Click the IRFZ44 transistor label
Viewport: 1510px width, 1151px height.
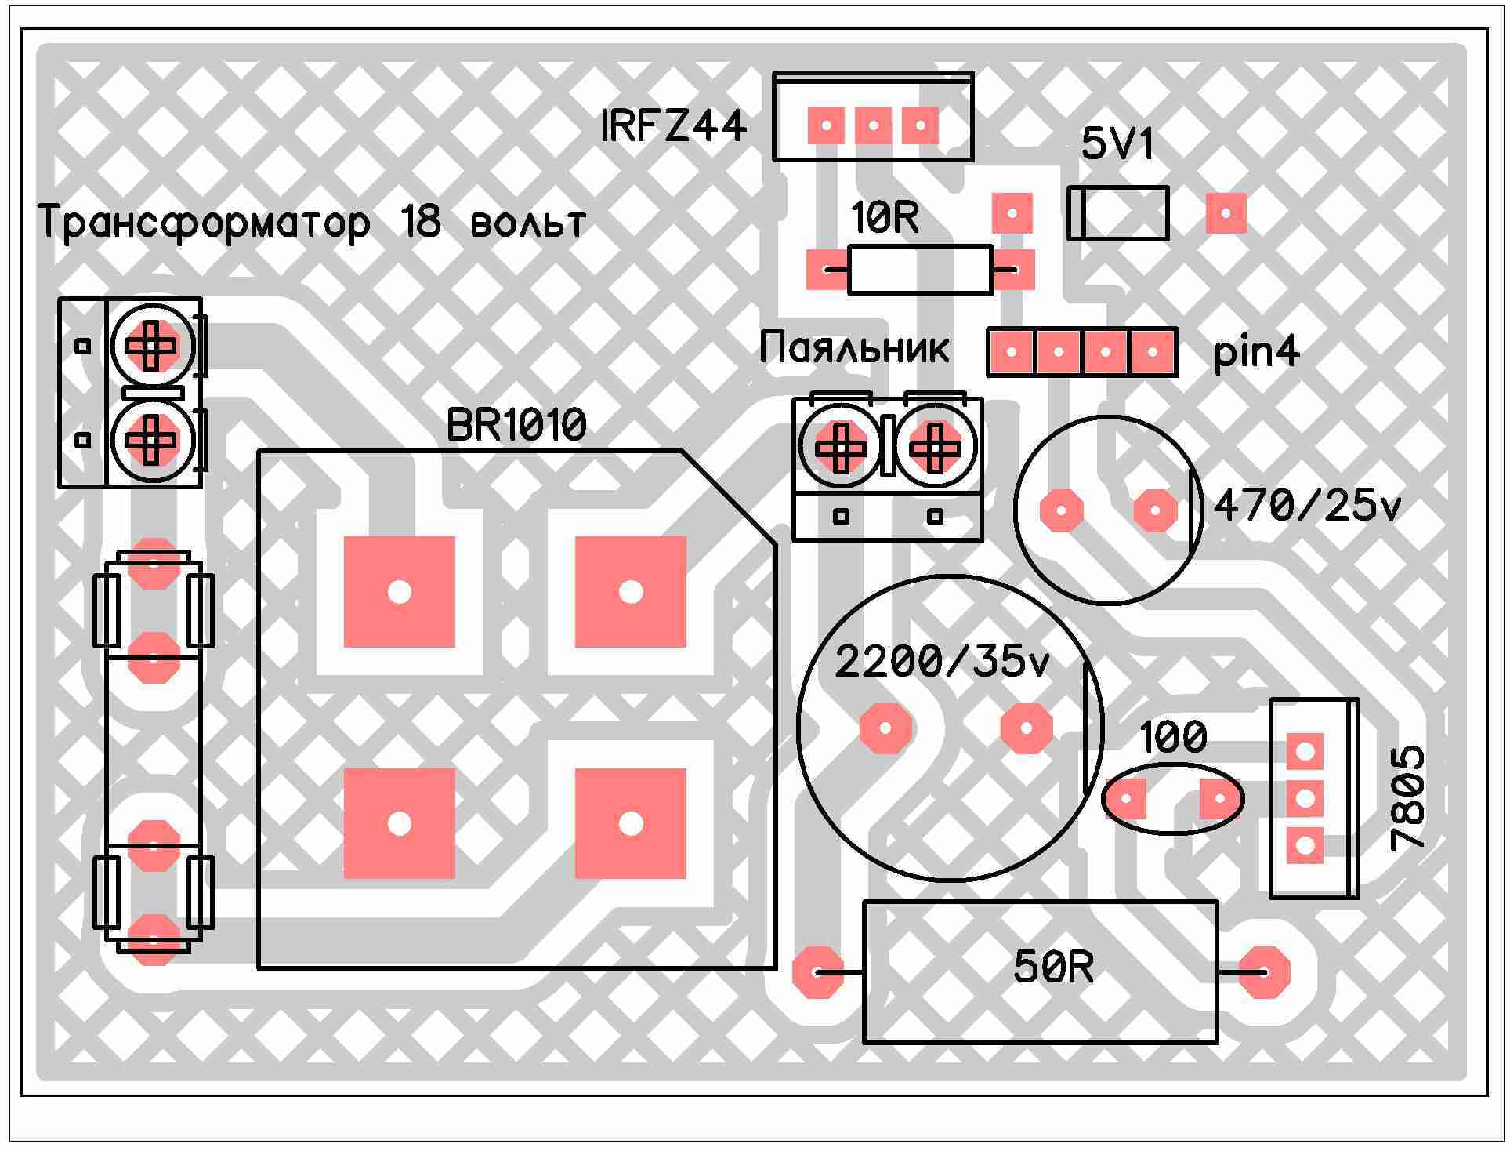(674, 126)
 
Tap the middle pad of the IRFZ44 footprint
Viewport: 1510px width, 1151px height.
(873, 125)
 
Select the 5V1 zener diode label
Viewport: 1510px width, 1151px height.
(1118, 144)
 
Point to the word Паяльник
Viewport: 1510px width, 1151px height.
(854, 347)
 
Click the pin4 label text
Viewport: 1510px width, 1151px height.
(1257, 352)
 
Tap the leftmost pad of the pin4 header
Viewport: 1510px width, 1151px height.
(1011, 353)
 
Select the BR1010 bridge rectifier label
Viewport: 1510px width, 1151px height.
(516, 426)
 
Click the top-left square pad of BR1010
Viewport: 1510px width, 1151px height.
(400, 592)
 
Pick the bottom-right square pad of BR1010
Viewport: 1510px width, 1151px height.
(631, 823)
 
